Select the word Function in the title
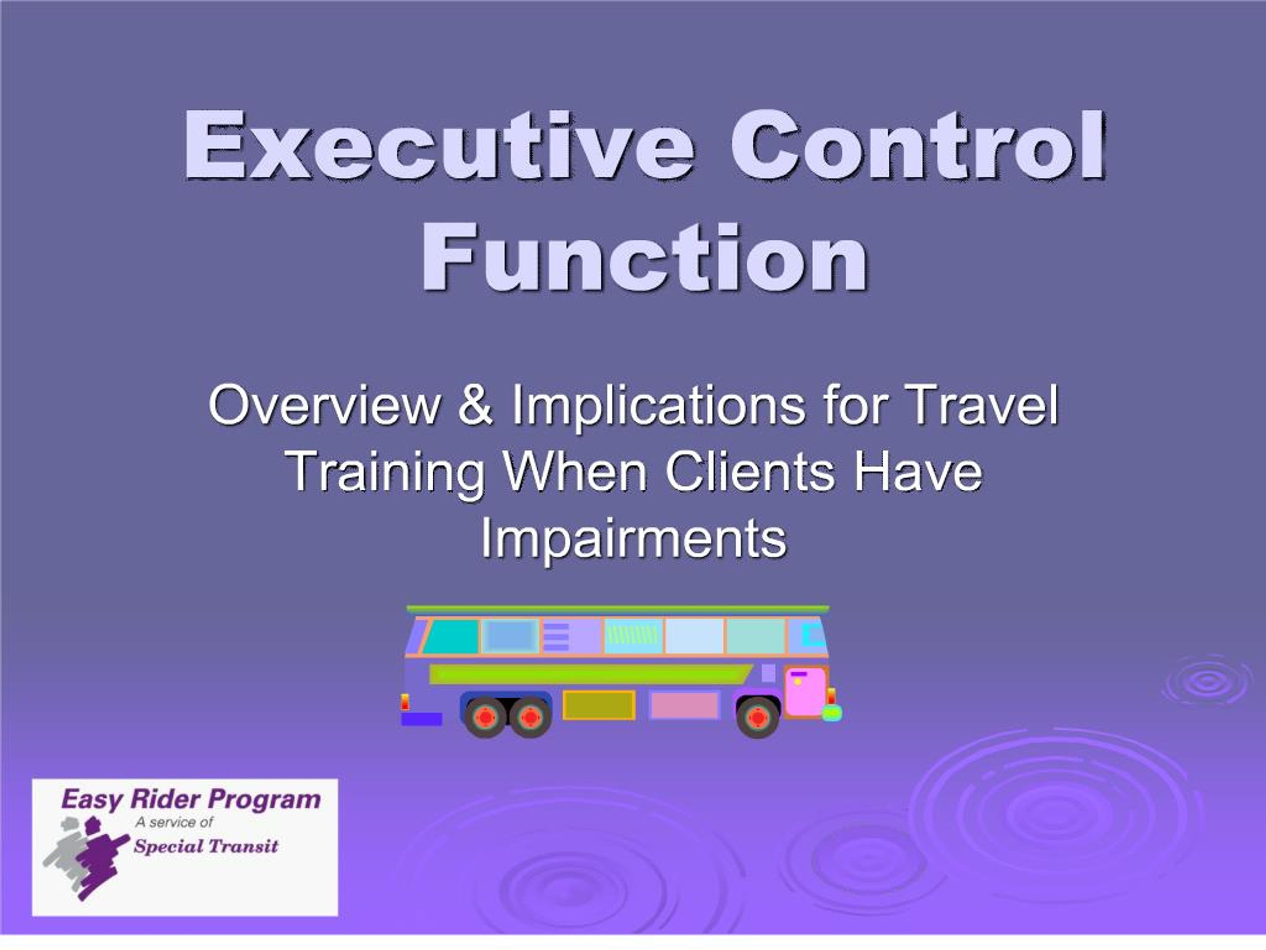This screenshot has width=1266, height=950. [x=644, y=258]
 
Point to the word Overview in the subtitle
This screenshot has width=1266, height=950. [x=324, y=405]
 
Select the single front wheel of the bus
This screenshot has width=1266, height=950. [x=757, y=716]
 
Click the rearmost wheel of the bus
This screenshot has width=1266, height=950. [x=485, y=716]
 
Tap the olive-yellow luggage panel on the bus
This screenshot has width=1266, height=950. [x=599, y=705]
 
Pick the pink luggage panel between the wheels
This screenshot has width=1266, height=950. [x=684, y=705]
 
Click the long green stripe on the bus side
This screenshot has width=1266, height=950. [x=590, y=674]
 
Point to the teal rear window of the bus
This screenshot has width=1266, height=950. [x=451, y=636]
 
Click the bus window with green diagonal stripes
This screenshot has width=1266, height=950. [x=633, y=636]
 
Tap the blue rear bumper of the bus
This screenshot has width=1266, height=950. [x=421, y=718]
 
